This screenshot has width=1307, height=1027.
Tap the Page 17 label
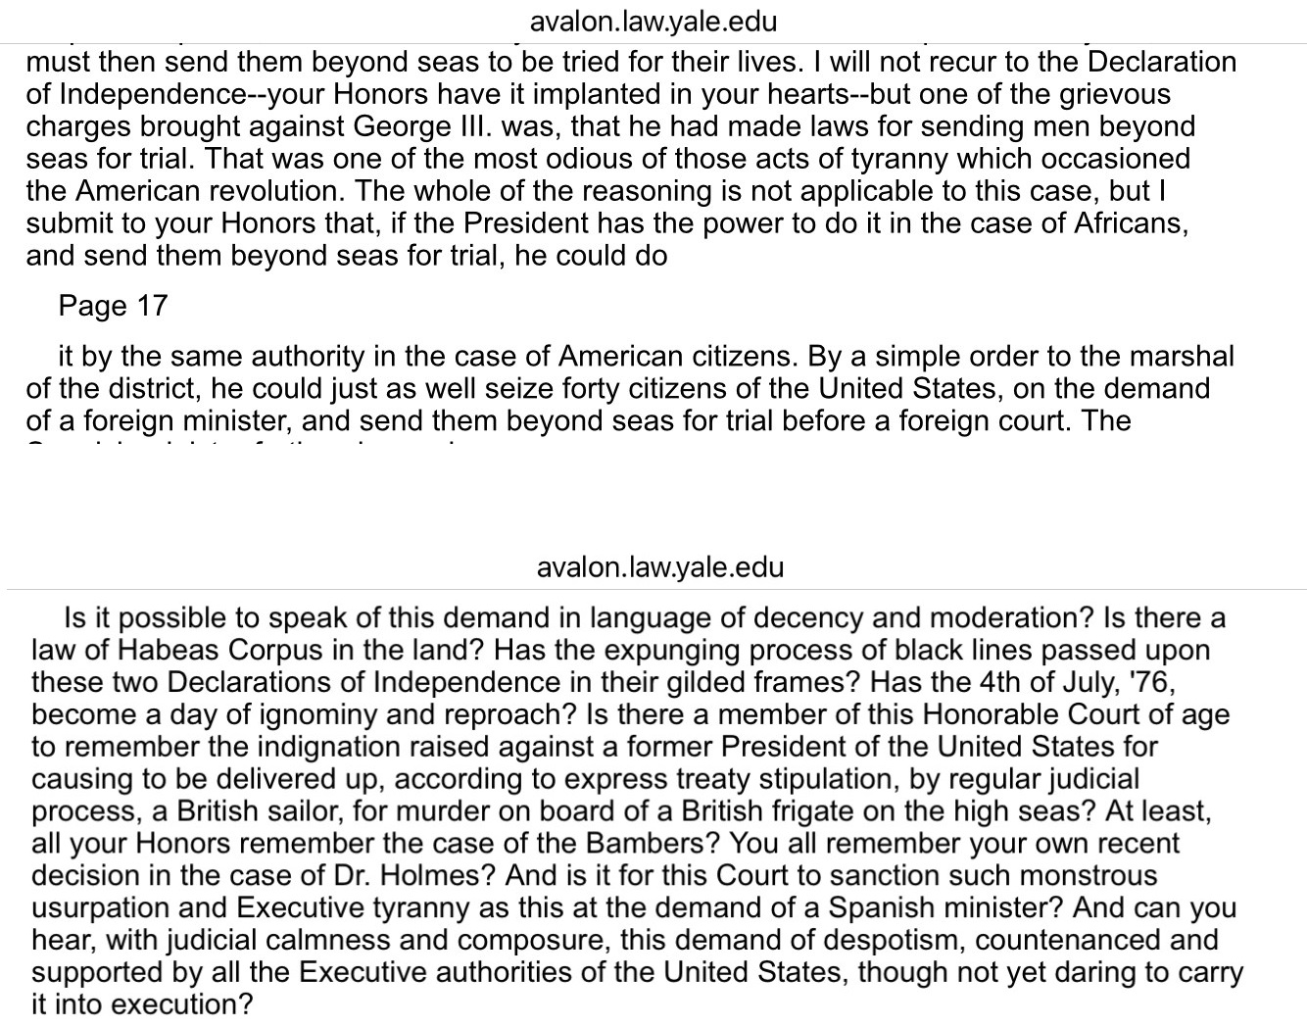113,306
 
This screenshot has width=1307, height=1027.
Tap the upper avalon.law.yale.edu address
653,22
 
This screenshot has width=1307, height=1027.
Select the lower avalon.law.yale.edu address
660,567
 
